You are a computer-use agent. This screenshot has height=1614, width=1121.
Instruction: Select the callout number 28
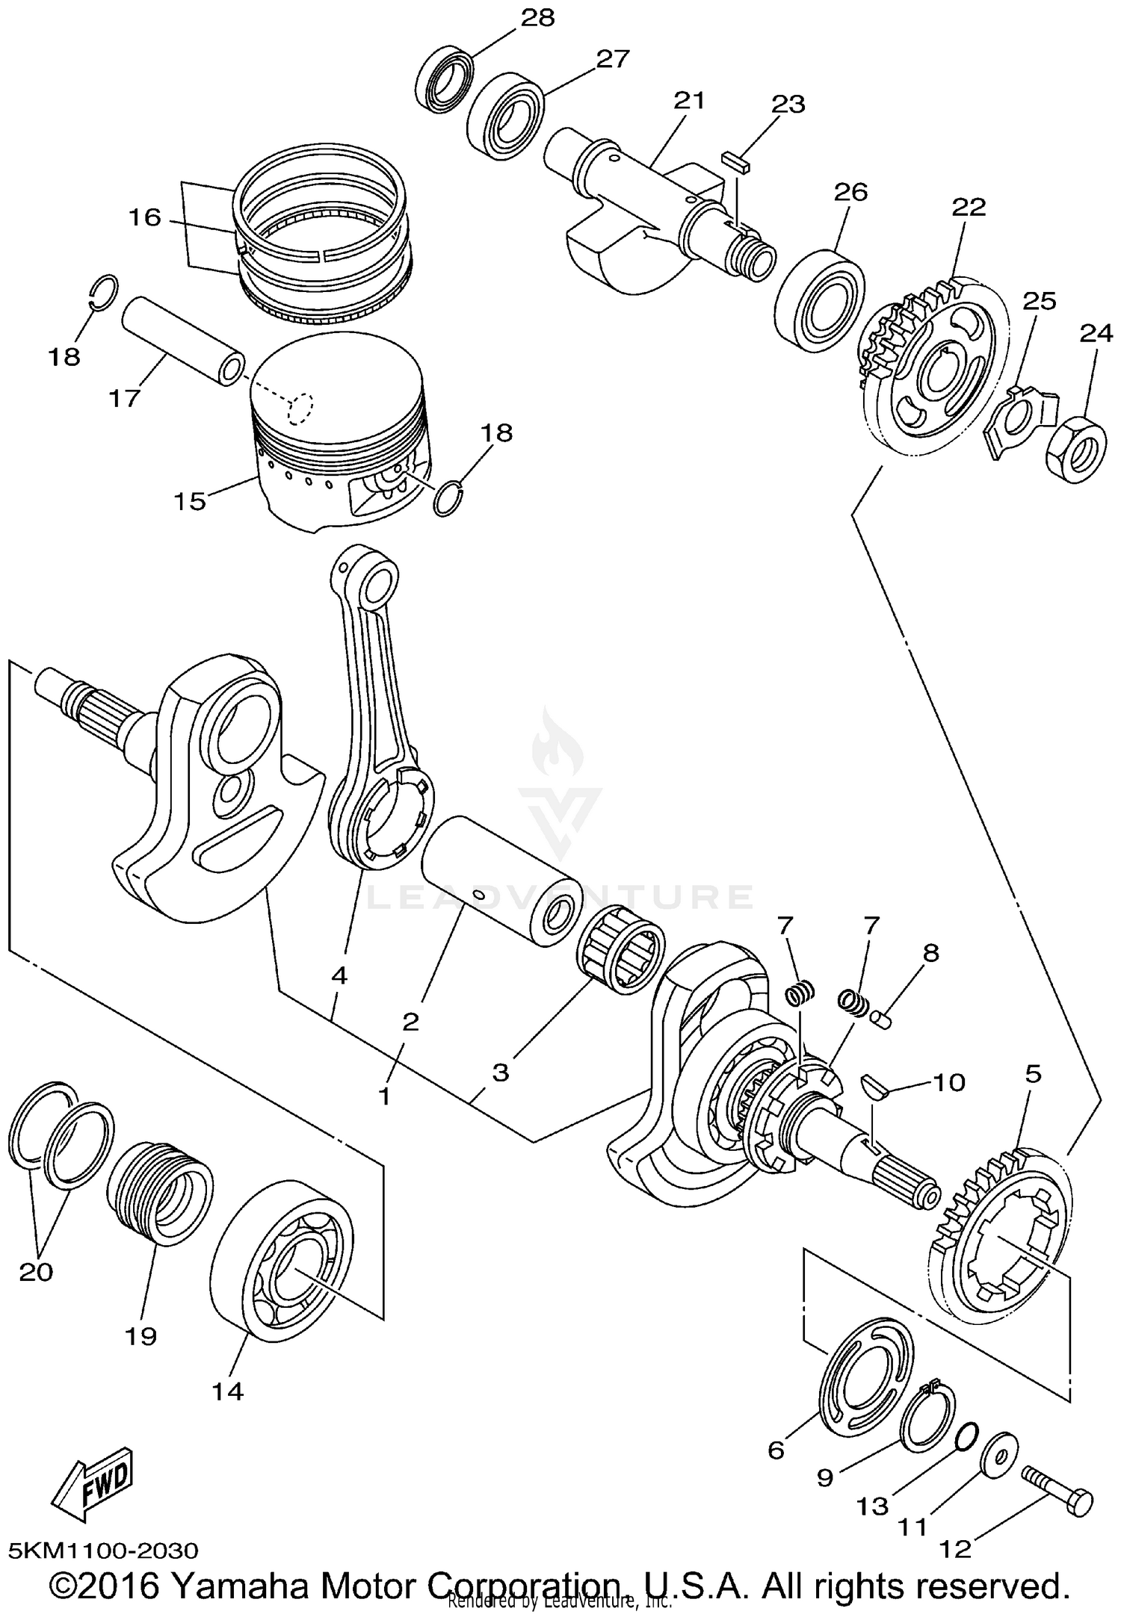coord(538,18)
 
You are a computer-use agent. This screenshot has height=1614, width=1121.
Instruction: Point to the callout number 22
coord(969,207)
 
